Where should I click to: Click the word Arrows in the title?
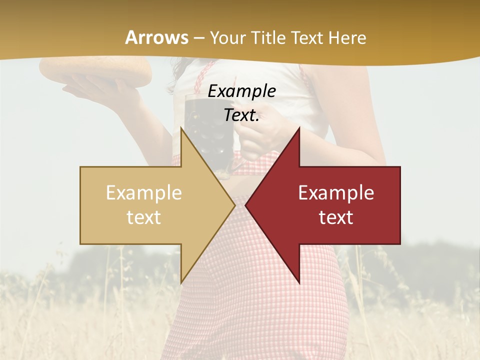(157, 37)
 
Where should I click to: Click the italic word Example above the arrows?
(241, 91)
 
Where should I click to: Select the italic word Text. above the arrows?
(241, 115)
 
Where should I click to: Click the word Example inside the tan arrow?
(144, 193)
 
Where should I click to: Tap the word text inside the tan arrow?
(144, 217)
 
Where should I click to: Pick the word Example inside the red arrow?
(336, 193)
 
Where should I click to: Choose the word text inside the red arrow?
(336, 217)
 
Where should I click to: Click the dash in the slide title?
(198, 38)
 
